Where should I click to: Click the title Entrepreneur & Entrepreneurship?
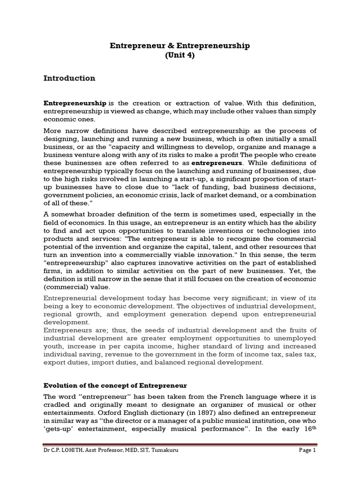tap(180, 45)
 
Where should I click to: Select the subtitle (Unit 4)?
tap(180, 55)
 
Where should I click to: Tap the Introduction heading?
tap(69, 78)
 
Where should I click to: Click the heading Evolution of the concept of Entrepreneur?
tap(115, 386)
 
